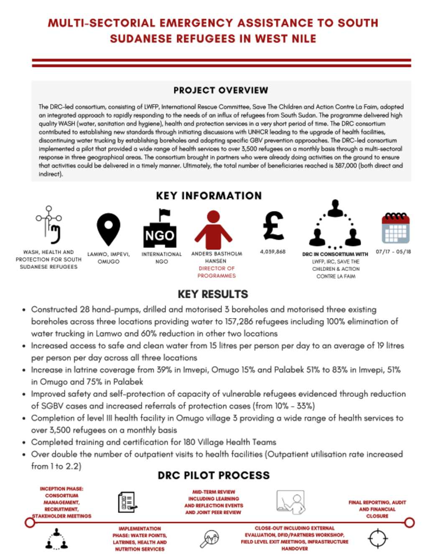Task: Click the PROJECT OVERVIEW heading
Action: pyautogui.click(x=220, y=90)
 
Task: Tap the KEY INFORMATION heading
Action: pyautogui.click(x=209, y=196)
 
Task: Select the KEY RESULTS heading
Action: pyautogui.click(x=213, y=294)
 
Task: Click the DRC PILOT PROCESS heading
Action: pyautogui.click(x=214, y=475)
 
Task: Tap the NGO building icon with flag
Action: pyautogui.click(x=160, y=228)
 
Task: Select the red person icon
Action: pyautogui.click(x=213, y=230)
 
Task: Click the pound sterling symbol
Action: pyautogui.click(x=273, y=226)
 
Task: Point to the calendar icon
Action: pyautogui.click(x=395, y=228)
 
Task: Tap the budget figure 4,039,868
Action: pyautogui.click(x=273, y=252)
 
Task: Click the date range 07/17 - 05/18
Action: pyautogui.click(x=393, y=252)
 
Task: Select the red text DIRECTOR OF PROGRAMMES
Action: pyautogui.click(x=217, y=272)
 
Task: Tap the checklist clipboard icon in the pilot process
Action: pyautogui.click(x=127, y=502)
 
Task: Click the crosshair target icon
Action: pyautogui.click(x=377, y=538)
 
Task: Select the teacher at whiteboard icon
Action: pyautogui.click(x=291, y=502)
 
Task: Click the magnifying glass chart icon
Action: pyautogui.click(x=209, y=539)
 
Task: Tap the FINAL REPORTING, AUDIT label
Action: pyautogui.click(x=377, y=503)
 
